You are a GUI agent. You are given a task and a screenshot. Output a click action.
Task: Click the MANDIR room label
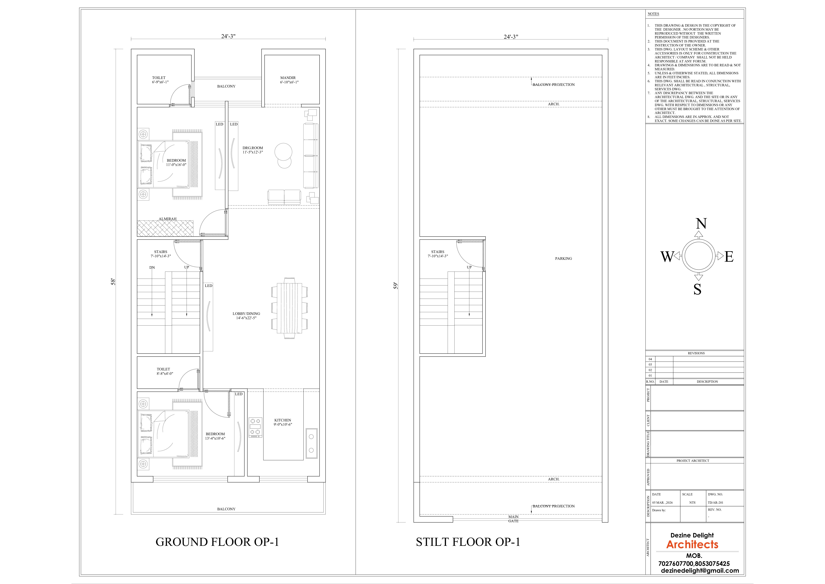[x=288, y=78]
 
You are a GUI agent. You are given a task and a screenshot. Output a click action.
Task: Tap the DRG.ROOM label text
[x=253, y=148]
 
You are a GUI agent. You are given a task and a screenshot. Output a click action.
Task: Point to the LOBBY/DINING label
[x=246, y=314]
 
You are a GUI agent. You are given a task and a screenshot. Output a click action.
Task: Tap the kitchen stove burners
[x=255, y=427]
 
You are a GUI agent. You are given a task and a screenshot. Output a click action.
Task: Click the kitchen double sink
[x=311, y=443]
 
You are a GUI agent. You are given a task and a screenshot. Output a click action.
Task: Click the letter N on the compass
[x=701, y=224]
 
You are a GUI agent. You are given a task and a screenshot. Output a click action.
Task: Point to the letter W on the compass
[x=667, y=257]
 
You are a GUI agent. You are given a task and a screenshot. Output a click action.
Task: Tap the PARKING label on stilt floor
[x=563, y=259]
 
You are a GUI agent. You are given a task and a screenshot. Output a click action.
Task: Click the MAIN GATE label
[x=514, y=519]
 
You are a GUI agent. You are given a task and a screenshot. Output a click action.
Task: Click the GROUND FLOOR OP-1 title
[x=217, y=542]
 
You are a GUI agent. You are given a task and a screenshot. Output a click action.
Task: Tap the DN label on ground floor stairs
[x=152, y=268]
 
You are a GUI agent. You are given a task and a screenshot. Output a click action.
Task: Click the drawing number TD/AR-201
[x=715, y=503]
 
